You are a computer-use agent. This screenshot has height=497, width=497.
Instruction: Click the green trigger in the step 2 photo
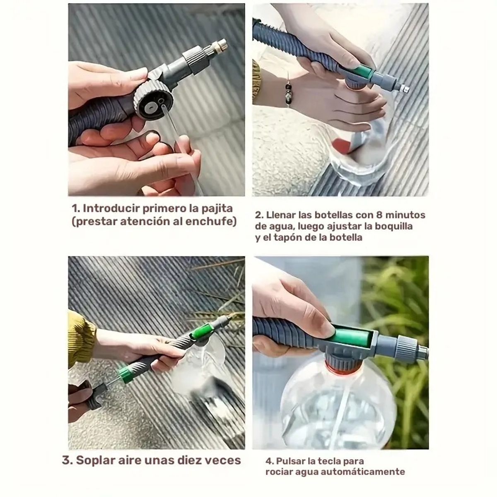coord(359,71)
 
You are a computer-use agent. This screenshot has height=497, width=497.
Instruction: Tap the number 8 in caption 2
coord(379,215)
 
